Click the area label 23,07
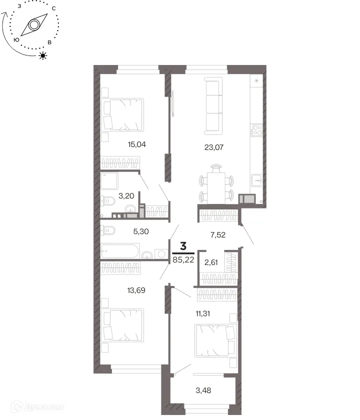pos(214,147)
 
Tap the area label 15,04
pos(137,144)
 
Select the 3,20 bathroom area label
pos(126,196)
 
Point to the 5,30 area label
pos(141,231)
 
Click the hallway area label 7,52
pos(218,235)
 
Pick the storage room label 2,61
pos(211,262)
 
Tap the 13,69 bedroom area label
pos(136,290)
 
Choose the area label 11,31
pos(203,313)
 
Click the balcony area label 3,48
pos(203,390)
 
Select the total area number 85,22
pos(183,259)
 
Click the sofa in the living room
pos(213,106)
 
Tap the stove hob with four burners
pos(257,130)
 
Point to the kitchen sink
pos(256,180)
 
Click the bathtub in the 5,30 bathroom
pos(120,250)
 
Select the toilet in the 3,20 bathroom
pos(107,201)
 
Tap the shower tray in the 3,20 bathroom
pos(109,181)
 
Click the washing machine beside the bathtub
pos(161,253)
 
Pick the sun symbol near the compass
pos(43,55)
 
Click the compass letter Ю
pos(16,39)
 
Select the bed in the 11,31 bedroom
pos(216,340)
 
